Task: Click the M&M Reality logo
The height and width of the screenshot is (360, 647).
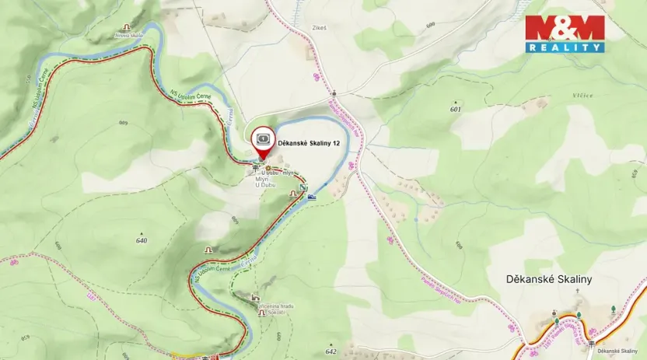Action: click(565, 34)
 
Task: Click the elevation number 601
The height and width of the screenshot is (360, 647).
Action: click(455, 110)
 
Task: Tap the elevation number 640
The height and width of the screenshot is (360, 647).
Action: click(141, 240)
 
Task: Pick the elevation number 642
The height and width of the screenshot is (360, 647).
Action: click(332, 351)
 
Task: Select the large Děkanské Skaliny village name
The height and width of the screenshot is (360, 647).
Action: click(549, 278)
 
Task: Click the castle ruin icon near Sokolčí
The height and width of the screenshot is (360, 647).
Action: click(256, 297)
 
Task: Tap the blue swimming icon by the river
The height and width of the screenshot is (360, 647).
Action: click(312, 196)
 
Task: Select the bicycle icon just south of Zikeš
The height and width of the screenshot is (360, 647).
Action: click(317, 77)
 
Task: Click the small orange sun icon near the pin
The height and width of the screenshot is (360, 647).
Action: click(269, 168)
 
